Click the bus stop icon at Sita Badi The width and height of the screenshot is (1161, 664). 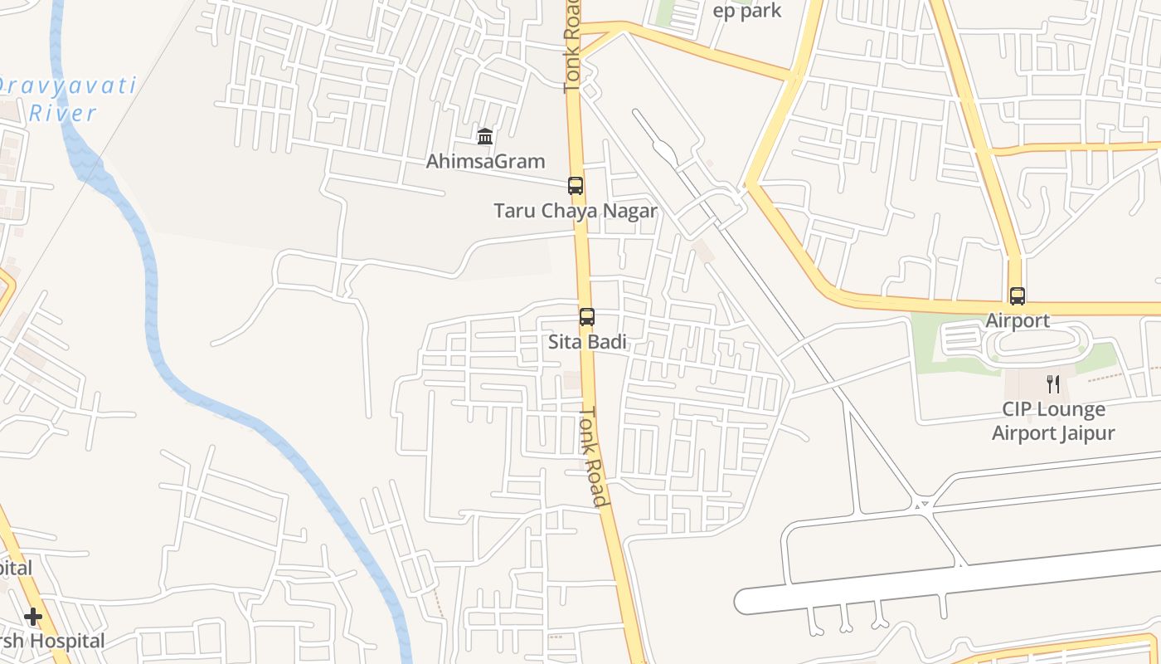[x=587, y=316]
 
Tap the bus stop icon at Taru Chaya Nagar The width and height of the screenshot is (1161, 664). [x=575, y=185]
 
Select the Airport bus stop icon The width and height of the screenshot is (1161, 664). [x=1017, y=295]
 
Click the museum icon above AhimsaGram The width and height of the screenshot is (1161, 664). [x=485, y=136]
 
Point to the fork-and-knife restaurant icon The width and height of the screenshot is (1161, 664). [x=1053, y=383]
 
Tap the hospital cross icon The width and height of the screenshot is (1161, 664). [x=33, y=617]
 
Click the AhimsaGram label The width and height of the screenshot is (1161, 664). [x=485, y=161]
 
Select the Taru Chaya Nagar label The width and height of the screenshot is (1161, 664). [x=576, y=211]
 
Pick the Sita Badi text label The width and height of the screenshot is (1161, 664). [x=587, y=342]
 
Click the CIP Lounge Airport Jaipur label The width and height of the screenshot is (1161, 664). [x=1053, y=421]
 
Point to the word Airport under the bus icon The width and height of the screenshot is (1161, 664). [x=1017, y=320]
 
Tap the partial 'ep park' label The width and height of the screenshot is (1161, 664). [x=747, y=11]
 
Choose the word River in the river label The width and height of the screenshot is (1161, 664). [x=63, y=113]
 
